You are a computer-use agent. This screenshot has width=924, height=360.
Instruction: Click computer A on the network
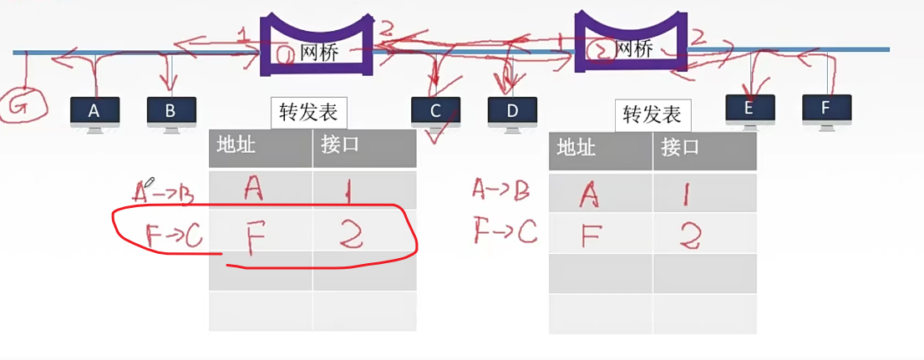[94, 111]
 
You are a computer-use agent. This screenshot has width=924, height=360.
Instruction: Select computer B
[171, 111]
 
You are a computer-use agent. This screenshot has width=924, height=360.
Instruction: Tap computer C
[435, 112]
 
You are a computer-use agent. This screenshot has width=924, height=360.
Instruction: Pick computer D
[512, 112]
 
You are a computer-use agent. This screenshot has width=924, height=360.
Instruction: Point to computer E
[749, 109]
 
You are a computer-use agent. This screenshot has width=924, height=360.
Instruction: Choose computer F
[826, 109]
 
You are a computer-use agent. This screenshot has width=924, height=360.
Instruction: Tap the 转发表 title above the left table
[308, 113]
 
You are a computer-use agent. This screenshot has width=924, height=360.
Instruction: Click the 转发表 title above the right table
[652, 115]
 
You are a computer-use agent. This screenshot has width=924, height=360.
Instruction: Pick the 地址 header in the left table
[236, 145]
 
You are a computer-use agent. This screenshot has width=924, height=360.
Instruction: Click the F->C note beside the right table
[505, 231]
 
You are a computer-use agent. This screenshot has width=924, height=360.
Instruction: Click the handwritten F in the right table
[589, 236]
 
